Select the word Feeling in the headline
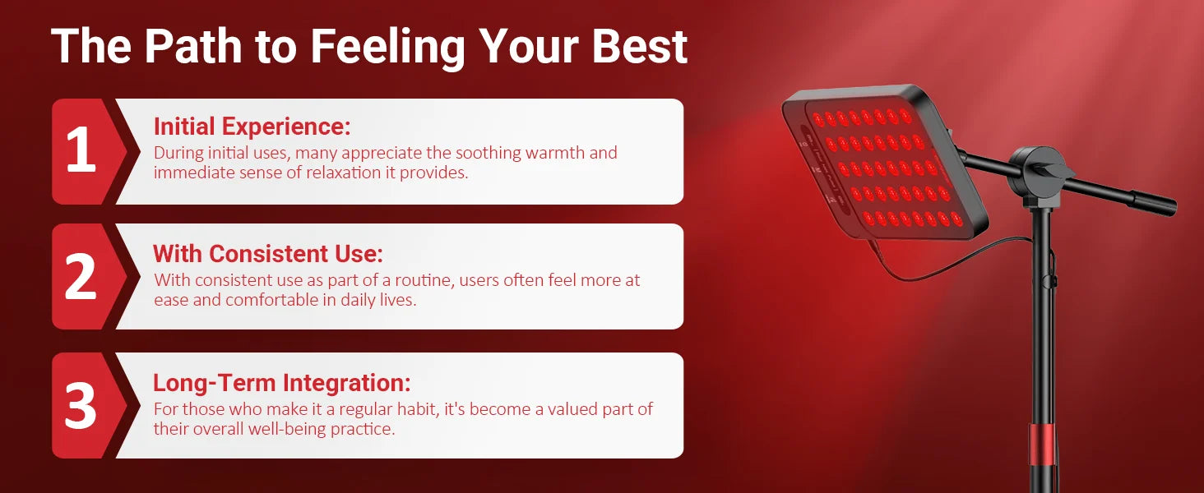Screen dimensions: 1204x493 (387, 48)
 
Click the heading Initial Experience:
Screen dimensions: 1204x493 (252, 127)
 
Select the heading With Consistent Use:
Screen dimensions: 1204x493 (267, 253)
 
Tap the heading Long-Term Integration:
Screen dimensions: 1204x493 (281, 383)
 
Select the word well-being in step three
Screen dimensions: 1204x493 (286, 429)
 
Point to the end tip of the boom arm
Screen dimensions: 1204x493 (1170, 208)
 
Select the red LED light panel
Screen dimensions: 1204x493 (885, 162)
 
